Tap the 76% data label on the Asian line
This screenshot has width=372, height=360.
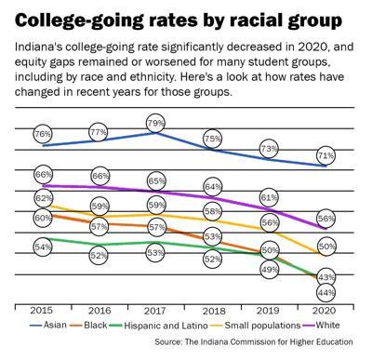tap(43, 134)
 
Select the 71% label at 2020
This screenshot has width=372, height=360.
tap(326, 154)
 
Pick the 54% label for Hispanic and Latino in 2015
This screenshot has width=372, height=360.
tap(43, 247)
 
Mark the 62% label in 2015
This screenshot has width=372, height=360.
tap(43, 198)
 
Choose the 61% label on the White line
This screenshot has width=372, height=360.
tap(270, 197)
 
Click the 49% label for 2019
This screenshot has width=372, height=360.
tap(270, 269)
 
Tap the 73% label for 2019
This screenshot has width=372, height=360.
tap(270, 148)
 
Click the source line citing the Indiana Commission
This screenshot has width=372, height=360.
tap(264, 345)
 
